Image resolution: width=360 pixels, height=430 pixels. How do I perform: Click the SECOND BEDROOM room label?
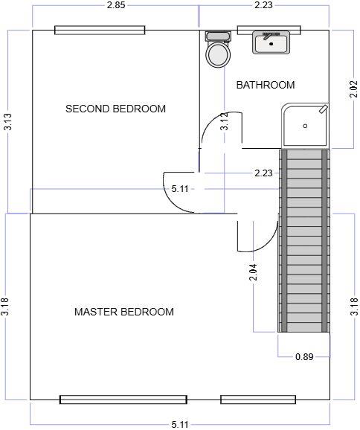point(115,109)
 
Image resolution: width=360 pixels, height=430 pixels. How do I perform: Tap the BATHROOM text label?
point(265,85)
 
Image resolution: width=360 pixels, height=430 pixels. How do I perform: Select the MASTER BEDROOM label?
point(124,312)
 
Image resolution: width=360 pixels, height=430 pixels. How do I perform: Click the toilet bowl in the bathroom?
point(218,54)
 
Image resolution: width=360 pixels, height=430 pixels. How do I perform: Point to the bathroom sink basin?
point(271,44)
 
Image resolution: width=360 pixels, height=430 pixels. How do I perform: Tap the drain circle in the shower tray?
point(305,126)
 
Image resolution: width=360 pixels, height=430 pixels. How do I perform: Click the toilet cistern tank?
point(218,36)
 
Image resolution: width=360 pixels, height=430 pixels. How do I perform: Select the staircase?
point(303,240)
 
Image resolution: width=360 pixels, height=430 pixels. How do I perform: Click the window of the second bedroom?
point(100,31)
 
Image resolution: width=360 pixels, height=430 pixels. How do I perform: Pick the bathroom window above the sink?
point(269,31)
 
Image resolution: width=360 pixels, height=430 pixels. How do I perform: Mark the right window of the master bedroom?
point(258,399)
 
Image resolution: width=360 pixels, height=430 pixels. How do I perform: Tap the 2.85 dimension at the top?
point(115,6)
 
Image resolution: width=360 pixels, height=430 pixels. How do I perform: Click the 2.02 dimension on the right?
point(353,90)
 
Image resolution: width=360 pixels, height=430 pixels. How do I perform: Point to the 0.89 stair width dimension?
point(303,356)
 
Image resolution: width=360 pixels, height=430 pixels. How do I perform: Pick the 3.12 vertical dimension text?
point(224,121)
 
